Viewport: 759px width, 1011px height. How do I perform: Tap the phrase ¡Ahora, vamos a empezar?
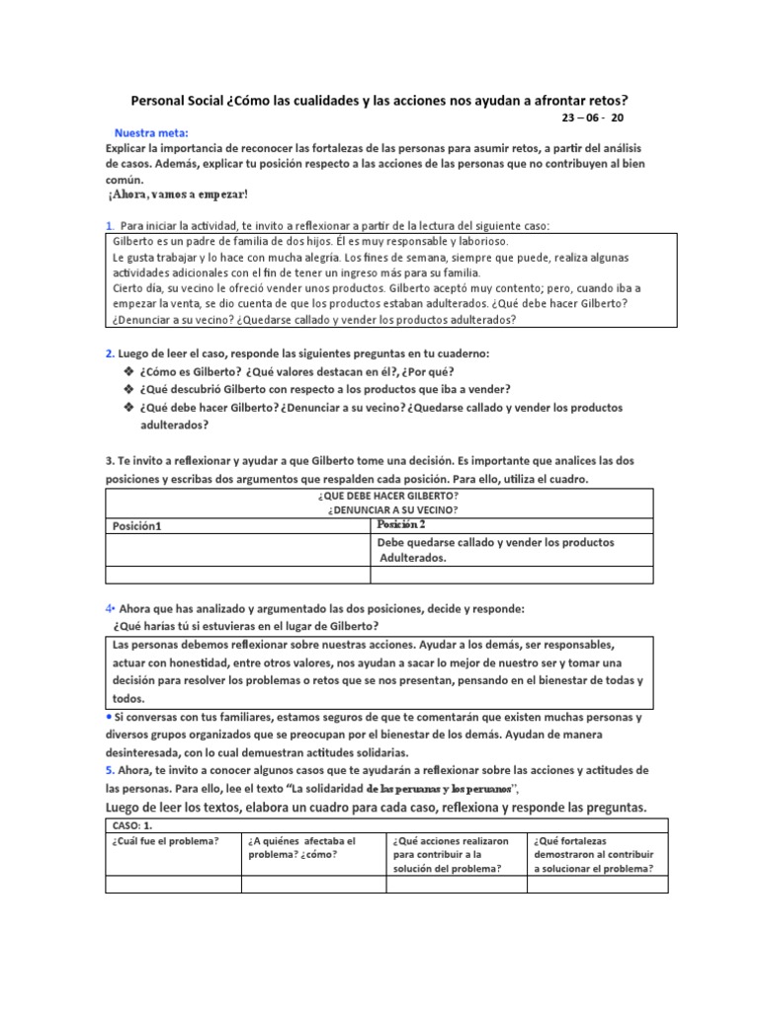178,194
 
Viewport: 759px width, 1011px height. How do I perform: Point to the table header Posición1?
137,526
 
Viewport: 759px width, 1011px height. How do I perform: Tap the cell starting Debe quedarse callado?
494,550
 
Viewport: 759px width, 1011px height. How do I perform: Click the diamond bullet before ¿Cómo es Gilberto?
128,370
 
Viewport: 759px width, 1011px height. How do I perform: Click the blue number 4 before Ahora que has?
109,609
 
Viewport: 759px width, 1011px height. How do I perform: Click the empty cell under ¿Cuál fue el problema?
173,885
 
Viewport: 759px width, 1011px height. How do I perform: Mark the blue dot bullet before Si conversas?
109,716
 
